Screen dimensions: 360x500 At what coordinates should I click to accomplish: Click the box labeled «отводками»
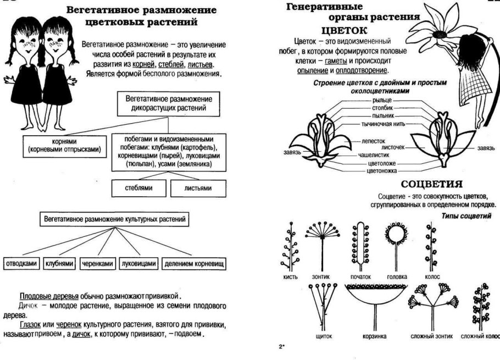click(x=22, y=264)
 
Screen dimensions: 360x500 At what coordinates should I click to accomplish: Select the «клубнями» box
click(x=59, y=264)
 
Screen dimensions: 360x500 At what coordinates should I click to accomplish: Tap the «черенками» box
click(x=97, y=264)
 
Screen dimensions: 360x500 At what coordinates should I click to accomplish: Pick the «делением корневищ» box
click(x=194, y=264)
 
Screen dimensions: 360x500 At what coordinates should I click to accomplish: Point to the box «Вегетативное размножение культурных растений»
click(x=114, y=219)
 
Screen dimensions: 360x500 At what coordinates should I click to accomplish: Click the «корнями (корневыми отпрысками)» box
click(x=64, y=145)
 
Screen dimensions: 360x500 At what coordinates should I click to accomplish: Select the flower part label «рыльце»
click(x=381, y=101)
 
